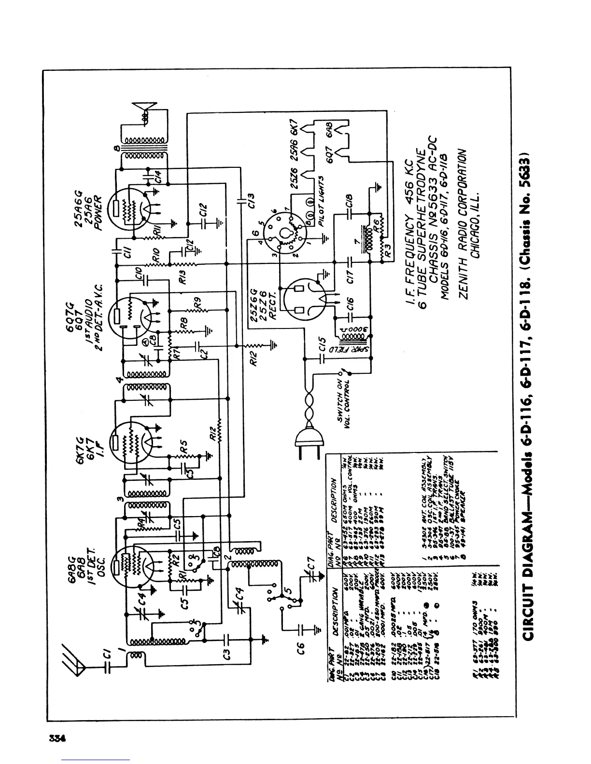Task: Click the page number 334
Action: pyautogui.click(x=56, y=738)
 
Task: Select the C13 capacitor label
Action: pyautogui.click(x=250, y=197)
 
